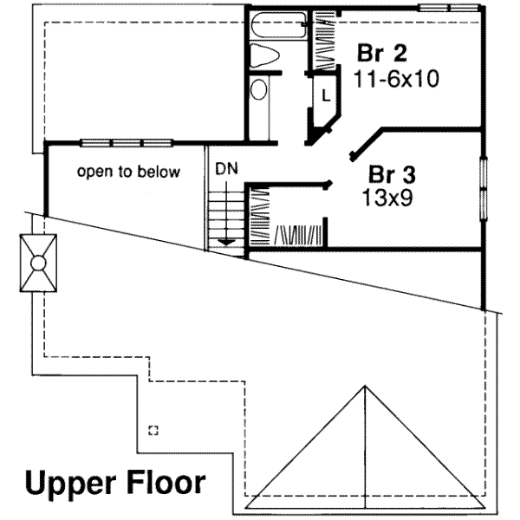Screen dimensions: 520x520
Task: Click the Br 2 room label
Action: (381, 53)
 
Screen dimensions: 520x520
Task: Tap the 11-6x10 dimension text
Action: (396, 79)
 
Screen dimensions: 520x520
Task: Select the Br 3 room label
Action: (392, 174)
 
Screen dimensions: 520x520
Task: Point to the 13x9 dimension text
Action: (387, 198)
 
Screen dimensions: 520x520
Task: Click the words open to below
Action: (128, 172)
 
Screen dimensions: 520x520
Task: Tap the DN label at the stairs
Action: (226, 169)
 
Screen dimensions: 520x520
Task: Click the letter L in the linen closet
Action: (327, 96)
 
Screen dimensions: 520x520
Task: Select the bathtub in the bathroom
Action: (279, 25)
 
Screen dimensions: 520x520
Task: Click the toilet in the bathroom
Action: (263, 55)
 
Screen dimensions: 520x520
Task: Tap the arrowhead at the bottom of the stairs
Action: (226, 242)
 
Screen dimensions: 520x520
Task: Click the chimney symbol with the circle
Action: (38, 263)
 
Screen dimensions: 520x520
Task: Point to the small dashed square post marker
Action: (153, 431)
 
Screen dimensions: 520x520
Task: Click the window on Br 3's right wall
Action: (484, 189)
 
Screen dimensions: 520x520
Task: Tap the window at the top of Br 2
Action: (448, 8)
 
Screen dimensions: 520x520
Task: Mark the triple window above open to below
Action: (127, 143)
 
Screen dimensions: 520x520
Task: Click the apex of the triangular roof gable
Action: (365, 386)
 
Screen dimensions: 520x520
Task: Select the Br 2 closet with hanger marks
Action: (324, 40)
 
